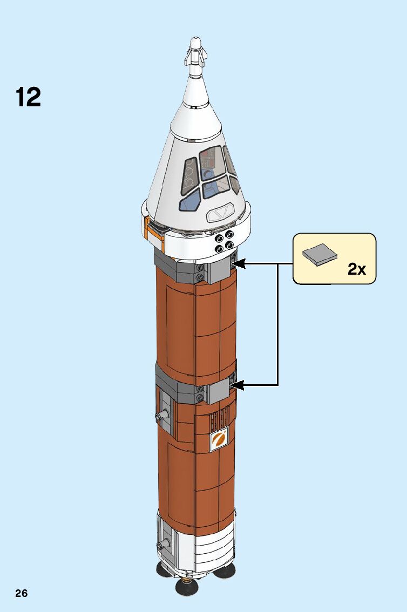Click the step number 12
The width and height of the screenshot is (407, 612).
pos(28,97)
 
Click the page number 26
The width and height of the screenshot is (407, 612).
pos(22,594)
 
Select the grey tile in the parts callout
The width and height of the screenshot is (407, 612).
pos(320,253)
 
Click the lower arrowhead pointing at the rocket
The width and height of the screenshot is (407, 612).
pos(238,385)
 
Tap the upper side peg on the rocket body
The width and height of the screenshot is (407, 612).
pos(161,415)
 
